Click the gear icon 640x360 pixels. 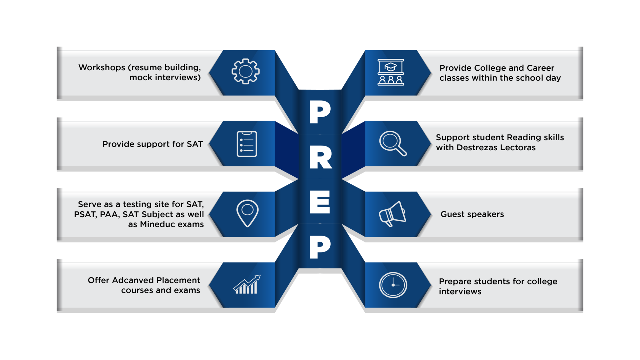[x=246, y=71]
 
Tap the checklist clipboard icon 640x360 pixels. [x=247, y=144]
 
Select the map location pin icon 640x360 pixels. [x=247, y=213]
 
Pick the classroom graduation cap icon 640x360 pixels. [x=391, y=72]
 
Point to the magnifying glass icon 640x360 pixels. [x=393, y=143]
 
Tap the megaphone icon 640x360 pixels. [x=392, y=214]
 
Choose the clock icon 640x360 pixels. [x=393, y=285]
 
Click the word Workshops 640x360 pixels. [x=102, y=68]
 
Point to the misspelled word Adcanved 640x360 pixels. [x=133, y=280]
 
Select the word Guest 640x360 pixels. [x=452, y=214]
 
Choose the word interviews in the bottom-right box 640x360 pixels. [x=460, y=292]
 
